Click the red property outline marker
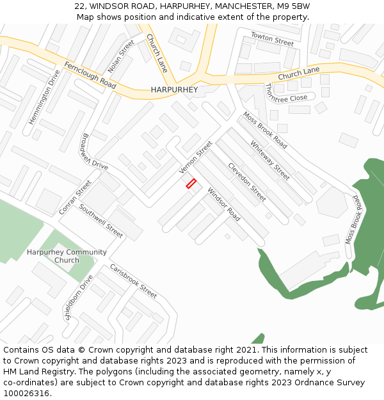coord(191,184)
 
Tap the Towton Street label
coord(272,39)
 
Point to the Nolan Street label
coord(121,56)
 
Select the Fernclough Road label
coord(90,76)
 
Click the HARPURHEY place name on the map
coord(174,90)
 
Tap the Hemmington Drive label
coord(44,97)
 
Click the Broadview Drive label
coord(95,152)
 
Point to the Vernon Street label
coord(195,157)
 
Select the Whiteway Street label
coord(269,160)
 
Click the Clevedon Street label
coord(246,182)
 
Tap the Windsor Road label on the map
coord(223,204)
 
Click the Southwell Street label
coord(100,221)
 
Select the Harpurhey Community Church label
coord(67,256)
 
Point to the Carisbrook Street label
coord(133,281)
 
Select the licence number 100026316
coord(26,394)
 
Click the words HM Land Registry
coord(33,372)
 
